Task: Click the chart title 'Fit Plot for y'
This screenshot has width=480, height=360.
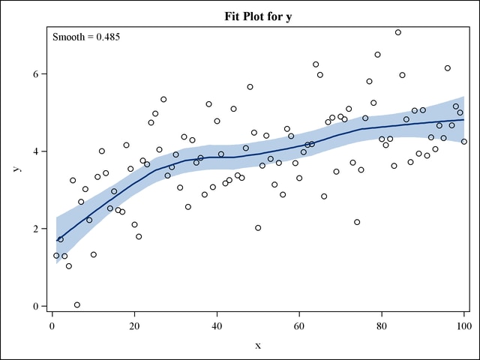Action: coord(258,16)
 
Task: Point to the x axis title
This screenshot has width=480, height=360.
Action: coord(258,344)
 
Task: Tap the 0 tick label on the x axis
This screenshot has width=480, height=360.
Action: coord(52,324)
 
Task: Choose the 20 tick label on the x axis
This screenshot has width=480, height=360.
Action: coord(134,324)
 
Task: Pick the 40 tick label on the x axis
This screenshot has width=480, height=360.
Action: coord(217,324)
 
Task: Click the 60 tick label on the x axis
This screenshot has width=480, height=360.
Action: coord(299,324)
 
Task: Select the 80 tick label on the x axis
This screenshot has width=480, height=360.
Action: coord(382,324)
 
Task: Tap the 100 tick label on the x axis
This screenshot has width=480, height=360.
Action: coord(463,324)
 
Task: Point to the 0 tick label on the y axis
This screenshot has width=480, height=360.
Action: coord(34,306)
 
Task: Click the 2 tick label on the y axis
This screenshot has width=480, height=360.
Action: coord(34,229)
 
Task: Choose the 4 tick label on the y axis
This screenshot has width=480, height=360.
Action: coord(34,151)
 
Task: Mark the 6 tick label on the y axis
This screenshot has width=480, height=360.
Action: coord(34,74)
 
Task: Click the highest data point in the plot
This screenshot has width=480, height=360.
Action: coord(398,32)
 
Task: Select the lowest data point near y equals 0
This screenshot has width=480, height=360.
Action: coord(77,304)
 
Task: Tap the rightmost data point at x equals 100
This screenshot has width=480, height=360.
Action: coord(464,142)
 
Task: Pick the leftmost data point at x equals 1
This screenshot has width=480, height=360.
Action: coord(56,256)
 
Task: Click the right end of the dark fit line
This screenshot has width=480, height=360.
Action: coord(463,120)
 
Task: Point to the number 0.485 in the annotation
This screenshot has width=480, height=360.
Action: coord(105,36)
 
